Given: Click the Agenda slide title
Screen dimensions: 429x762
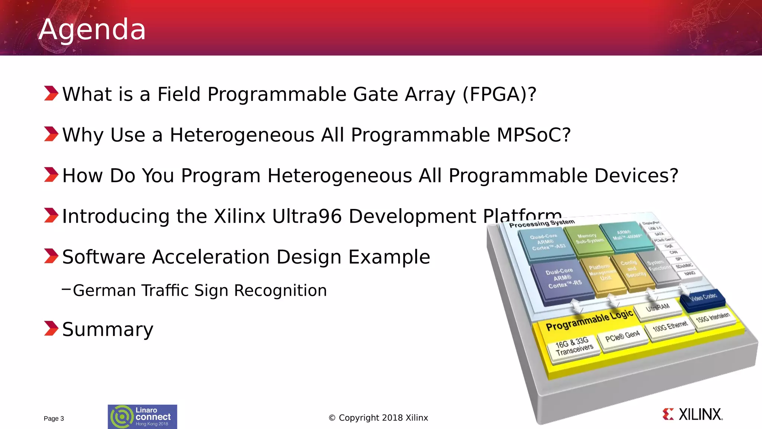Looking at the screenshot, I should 92,29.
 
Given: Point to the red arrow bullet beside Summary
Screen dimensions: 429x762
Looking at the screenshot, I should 51,328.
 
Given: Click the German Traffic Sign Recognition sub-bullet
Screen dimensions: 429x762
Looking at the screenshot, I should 199,290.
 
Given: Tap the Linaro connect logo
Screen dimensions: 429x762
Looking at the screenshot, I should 142,417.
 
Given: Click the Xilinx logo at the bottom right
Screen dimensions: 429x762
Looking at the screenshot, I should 693,414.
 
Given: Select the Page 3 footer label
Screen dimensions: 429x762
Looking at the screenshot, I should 54,419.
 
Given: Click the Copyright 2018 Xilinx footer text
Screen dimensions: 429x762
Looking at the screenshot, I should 378,418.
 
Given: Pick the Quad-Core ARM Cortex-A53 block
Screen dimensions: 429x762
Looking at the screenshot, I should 548,243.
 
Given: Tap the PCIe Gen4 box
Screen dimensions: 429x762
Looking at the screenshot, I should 622,337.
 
